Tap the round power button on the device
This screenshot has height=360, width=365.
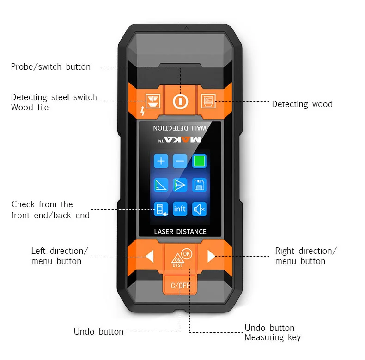[x=180, y=102]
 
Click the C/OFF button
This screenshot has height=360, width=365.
[x=180, y=285]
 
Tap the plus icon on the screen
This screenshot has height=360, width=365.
[x=161, y=161]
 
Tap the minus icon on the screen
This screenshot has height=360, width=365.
[x=180, y=161]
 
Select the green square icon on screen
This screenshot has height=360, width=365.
[x=199, y=161]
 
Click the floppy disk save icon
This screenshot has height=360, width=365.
[x=199, y=185]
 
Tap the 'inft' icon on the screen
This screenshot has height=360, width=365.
[x=180, y=209]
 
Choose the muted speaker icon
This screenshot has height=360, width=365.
[x=199, y=209]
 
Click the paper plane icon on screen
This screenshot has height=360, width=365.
[x=180, y=185]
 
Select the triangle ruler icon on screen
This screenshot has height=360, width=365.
[x=161, y=185]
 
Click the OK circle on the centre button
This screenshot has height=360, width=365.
[x=187, y=254]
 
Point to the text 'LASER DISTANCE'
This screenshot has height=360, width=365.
[x=180, y=232]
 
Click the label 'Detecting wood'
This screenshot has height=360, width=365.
[x=302, y=104]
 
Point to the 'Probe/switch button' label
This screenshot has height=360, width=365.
[x=51, y=67]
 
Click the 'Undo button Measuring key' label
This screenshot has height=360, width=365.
[x=273, y=333]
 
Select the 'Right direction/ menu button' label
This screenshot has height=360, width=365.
[x=306, y=256]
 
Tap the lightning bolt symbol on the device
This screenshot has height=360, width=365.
[x=142, y=110]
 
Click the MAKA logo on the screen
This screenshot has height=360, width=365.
[x=182, y=139]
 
